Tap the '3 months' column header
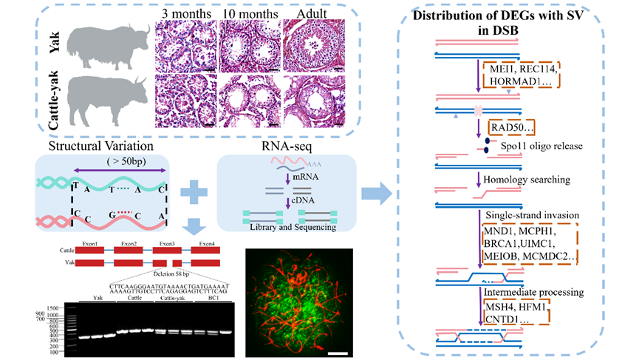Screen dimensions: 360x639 pyautogui.click(x=185, y=13)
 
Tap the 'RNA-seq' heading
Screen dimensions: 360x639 pyautogui.click(x=284, y=146)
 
